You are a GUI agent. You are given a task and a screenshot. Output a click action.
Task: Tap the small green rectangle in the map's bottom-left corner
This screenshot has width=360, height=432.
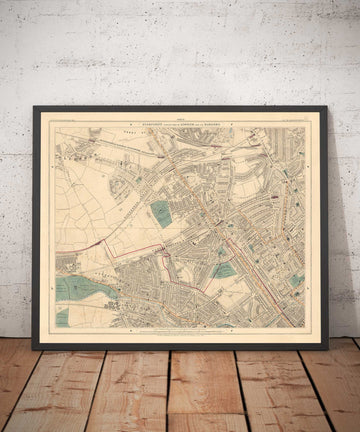pos(62,316)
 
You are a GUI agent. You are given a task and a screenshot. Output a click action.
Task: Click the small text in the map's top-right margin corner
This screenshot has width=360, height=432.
pos(296,118)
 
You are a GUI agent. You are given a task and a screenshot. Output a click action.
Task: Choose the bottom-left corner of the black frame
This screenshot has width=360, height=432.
pos(34,347)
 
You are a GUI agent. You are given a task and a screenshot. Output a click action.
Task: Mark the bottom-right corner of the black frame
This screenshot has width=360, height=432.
pos(328,347)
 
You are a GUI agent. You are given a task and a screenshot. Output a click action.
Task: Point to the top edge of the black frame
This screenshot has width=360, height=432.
pos(180,108)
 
